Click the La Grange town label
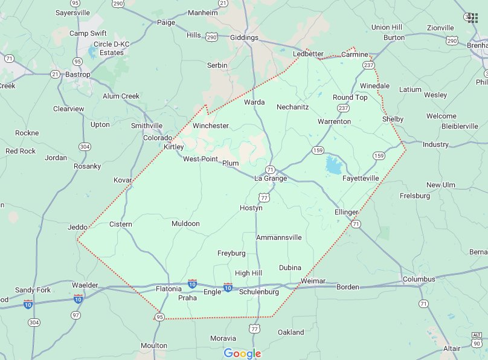pyautogui.click(x=271, y=179)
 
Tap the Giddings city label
pyautogui.click(x=244, y=37)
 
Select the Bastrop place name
pyautogui.click(x=77, y=74)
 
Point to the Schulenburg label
pyautogui.click(x=259, y=292)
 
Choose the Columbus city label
pyautogui.click(x=419, y=279)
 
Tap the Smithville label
pyautogui.click(x=147, y=126)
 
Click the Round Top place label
pyautogui.click(x=350, y=97)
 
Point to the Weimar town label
pyautogui.click(x=313, y=281)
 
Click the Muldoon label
pyautogui.click(x=185, y=223)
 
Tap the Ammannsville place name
pyautogui.click(x=278, y=237)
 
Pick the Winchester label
pyautogui.click(x=211, y=126)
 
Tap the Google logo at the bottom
pyautogui.click(x=242, y=353)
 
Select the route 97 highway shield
pyautogui.click(x=75, y=315)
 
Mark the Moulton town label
pyautogui.click(x=153, y=345)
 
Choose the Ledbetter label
pyautogui.click(x=308, y=54)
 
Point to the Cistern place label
pyautogui.click(x=120, y=224)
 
